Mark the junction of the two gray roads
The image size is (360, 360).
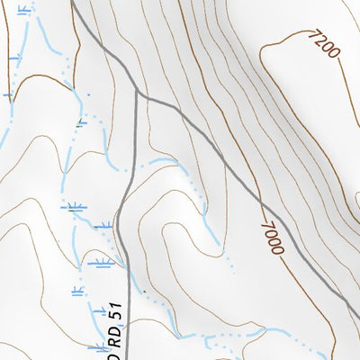click(136, 91)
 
